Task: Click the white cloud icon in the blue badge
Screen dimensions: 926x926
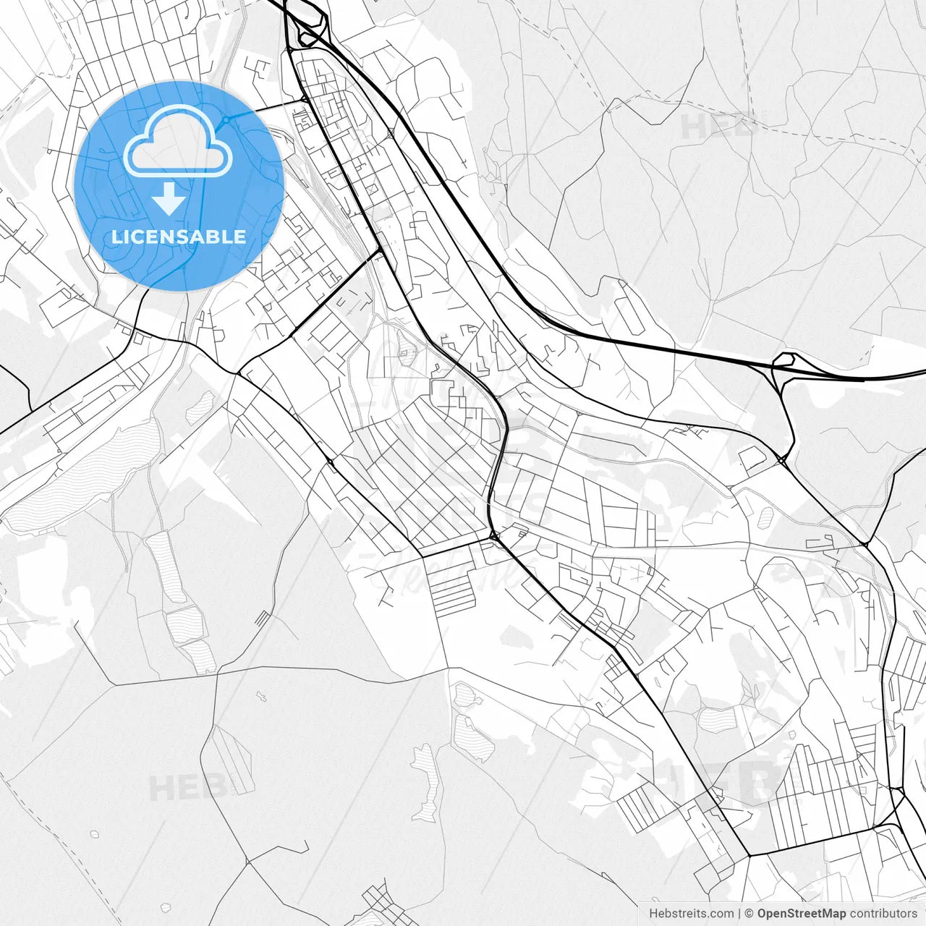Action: coord(178,141)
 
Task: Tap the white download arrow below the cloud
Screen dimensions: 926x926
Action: coord(169,199)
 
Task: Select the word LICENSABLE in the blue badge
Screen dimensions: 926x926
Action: coord(178,237)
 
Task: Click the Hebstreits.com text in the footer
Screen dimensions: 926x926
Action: coord(691,914)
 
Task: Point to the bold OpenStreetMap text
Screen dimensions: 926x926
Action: coord(801,914)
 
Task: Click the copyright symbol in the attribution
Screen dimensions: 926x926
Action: coord(749,914)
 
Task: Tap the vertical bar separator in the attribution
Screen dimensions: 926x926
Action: coord(739,914)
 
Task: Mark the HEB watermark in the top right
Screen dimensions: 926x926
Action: coord(720,127)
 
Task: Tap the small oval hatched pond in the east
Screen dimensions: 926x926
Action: coord(765,517)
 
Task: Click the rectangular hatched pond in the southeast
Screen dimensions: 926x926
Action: coord(716,719)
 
